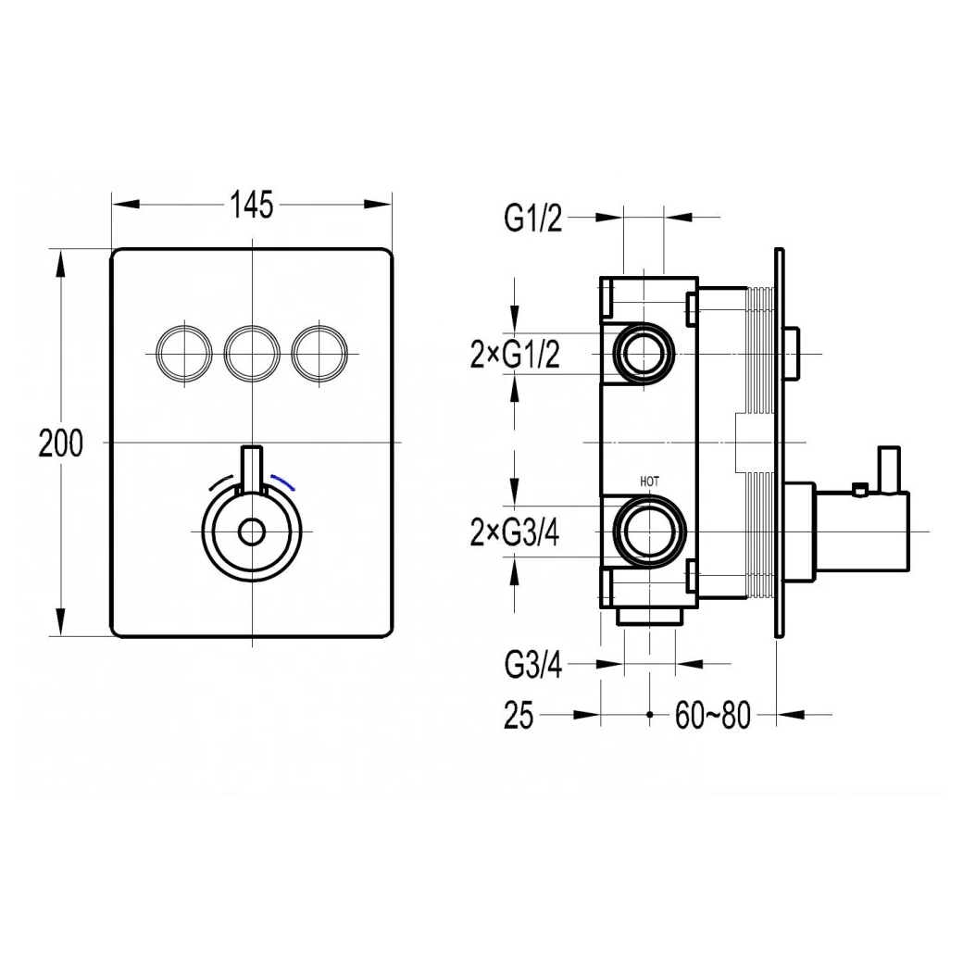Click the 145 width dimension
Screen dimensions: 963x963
(252, 205)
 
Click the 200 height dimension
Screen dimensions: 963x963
(60, 444)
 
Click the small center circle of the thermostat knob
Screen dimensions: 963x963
(252, 532)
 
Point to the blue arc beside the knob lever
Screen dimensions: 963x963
(286, 481)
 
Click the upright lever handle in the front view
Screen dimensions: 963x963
(252, 469)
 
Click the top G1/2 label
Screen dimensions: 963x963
(532, 219)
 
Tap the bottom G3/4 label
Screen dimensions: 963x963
(532, 665)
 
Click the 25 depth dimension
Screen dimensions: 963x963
(519, 716)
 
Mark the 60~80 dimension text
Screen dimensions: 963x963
(712, 716)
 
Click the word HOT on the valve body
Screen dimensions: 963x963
(649, 481)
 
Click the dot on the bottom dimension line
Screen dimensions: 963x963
(650, 716)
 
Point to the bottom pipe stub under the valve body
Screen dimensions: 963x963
(649, 616)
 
